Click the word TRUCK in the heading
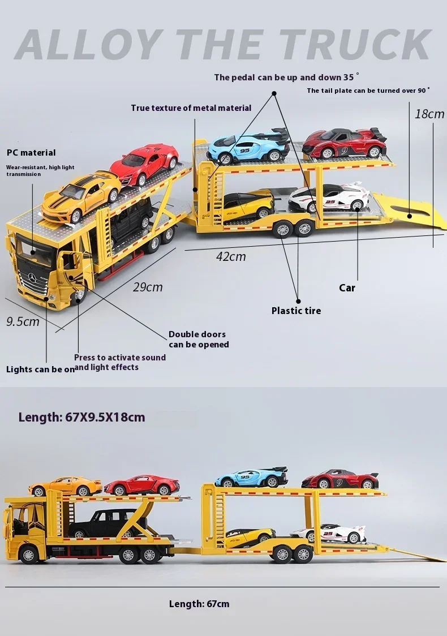(x=355, y=44)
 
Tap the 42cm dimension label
(x=231, y=256)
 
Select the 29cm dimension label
(x=148, y=287)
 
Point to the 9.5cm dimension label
(x=23, y=322)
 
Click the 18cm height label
(x=429, y=114)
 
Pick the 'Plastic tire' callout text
(x=296, y=311)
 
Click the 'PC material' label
(x=31, y=153)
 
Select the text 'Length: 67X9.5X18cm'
(x=81, y=418)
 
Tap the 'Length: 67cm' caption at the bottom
(x=199, y=604)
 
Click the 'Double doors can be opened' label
(x=198, y=340)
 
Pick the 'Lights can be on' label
(x=40, y=369)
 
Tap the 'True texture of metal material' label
(x=191, y=108)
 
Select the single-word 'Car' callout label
(x=347, y=288)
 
